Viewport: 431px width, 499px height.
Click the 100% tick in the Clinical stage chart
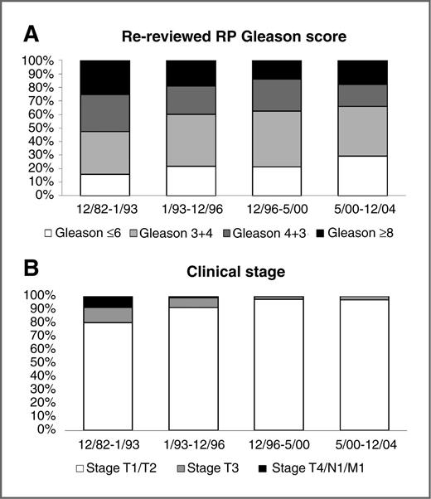(x=39, y=295)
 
